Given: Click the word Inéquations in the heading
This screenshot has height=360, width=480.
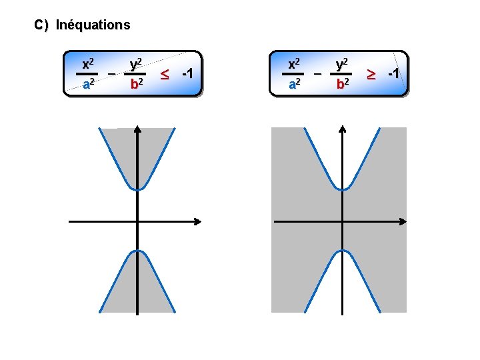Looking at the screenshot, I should (x=93, y=25).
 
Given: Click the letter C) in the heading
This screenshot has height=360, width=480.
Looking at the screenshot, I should (x=41, y=25).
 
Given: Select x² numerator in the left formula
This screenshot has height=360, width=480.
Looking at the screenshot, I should (x=87, y=64).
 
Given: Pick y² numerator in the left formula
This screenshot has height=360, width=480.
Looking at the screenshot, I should (x=136, y=64).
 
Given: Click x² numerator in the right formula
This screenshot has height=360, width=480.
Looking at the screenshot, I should (x=293, y=64).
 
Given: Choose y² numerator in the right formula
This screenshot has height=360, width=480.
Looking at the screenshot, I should (x=342, y=64).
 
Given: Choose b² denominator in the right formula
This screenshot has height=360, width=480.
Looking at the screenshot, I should (x=342, y=85).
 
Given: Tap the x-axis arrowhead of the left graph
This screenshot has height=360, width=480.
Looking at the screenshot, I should (x=198, y=221).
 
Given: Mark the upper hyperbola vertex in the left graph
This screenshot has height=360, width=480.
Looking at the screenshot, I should (x=137, y=190).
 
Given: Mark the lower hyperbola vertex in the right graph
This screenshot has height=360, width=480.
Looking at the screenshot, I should (x=342, y=250).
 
